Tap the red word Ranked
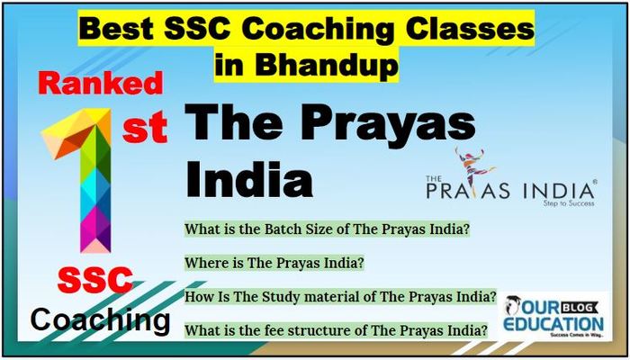coord(101,85)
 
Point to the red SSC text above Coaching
coord(95,281)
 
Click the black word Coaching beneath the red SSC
coord(100,319)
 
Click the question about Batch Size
coord(327,230)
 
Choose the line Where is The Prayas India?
coord(274,263)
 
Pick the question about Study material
coord(340,298)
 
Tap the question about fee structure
coord(336,331)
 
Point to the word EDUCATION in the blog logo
coord(553,323)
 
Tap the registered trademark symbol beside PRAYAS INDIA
coord(595,182)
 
